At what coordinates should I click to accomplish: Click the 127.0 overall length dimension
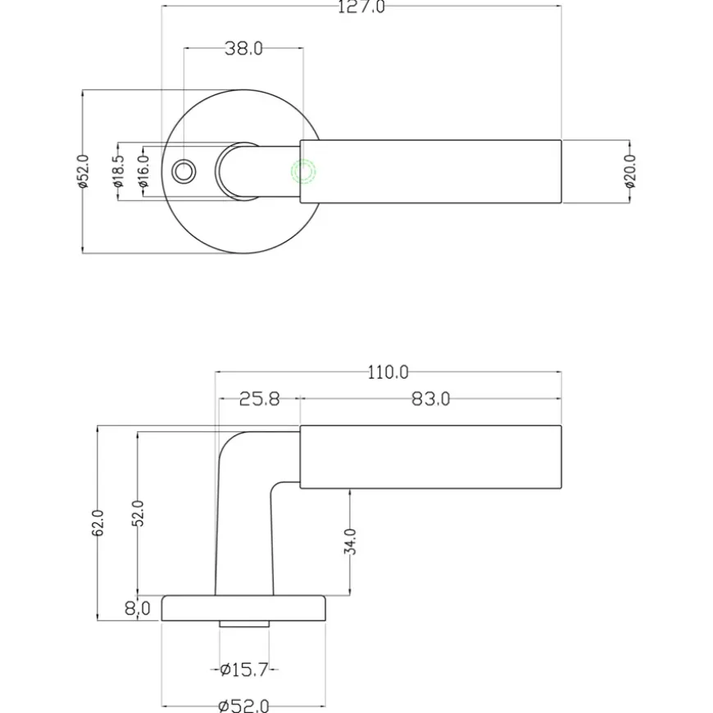[361, 7]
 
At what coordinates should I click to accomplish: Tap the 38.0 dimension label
[243, 48]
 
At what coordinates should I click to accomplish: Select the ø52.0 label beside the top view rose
[83, 171]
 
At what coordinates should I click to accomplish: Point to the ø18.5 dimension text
[118, 171]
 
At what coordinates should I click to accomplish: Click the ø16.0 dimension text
[143, 171]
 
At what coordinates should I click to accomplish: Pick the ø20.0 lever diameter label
[629, 171]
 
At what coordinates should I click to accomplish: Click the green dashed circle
[303, 172]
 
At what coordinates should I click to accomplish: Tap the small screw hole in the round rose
[184, 172]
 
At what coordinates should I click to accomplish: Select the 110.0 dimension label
[388, 373]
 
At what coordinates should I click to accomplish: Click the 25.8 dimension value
[260, 399]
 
